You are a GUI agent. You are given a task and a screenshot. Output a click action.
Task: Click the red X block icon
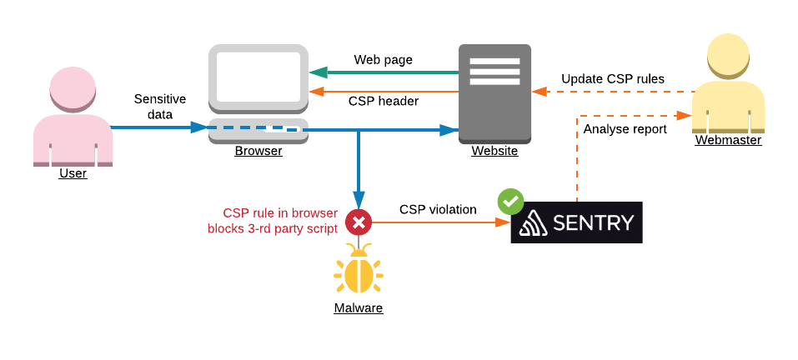tap(359, 222)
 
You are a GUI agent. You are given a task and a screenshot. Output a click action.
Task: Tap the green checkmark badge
tap(510, 201)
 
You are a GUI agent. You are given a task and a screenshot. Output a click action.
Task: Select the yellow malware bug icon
tap(359, 272)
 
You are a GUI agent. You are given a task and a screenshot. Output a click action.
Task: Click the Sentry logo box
tap(576, 222)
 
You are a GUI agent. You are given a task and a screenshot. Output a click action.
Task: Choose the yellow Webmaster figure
tap(727, 83)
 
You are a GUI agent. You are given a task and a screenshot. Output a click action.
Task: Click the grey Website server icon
tap(494, 92)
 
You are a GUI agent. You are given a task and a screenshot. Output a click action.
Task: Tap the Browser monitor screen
tap(258, 77)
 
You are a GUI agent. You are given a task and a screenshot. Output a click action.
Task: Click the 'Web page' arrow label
tap(384, 60)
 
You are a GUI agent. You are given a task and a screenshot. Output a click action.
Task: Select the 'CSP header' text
tap(384, 101)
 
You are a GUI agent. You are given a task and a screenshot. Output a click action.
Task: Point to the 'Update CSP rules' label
tap(613, 79)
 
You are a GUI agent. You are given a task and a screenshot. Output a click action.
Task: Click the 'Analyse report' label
tap(625, 129)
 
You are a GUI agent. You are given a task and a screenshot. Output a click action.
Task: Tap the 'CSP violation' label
tap(438, 210)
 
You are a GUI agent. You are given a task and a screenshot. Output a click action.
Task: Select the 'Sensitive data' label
tap(160, 107)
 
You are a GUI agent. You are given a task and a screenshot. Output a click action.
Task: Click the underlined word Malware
tap(359, 308)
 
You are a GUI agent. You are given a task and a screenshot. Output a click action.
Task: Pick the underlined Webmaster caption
tap(728, 141)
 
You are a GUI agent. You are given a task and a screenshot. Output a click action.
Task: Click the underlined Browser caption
tap(258, 151)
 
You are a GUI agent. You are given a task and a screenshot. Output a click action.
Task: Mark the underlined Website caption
tap(494, 151)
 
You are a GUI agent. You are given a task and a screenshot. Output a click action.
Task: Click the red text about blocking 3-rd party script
tap(273, 220)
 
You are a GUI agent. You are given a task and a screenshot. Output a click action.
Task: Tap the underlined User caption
tap(73, 173)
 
